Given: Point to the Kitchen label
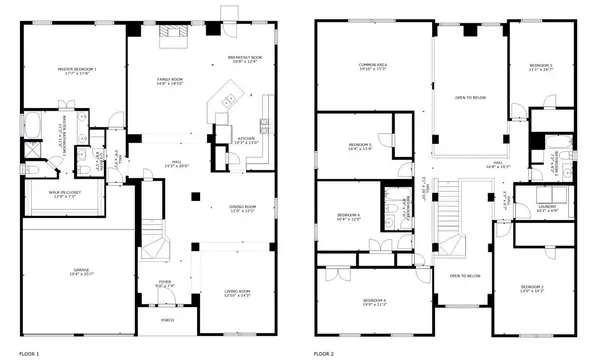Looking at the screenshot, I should pyautogui.click(x=246, y=138).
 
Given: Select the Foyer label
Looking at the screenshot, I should pyautogui.click(x=165, y=284).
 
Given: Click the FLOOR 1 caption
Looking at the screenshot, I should pyautogui.click(x=30, y=354).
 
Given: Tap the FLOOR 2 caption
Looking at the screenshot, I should pyautogui.click(x=325, y=354).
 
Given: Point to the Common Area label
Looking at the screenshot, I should pyautogui.click(x=373, y=67).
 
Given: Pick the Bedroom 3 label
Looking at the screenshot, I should pyautogui.click(x=541, y=67).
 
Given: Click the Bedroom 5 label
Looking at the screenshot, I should pyautogui.click(x=360, y=147).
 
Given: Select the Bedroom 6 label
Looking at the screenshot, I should pyautogui.click(x=348, y=217).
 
